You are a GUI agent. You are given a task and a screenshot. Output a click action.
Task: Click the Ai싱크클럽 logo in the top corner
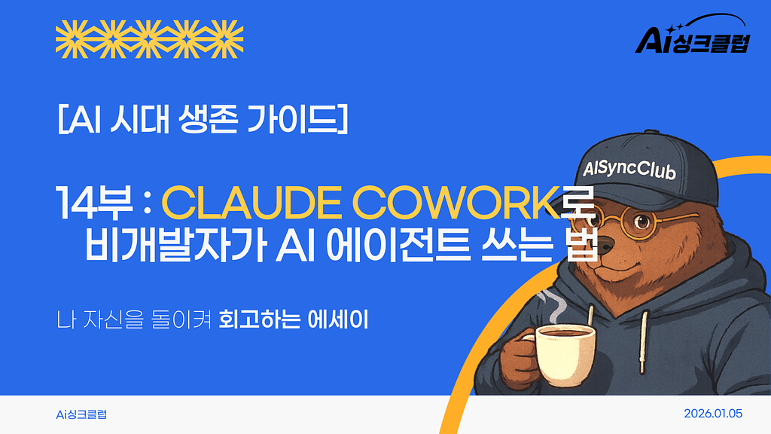(x=692, y=38)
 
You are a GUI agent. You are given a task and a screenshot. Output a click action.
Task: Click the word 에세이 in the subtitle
(x=338, y=319)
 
